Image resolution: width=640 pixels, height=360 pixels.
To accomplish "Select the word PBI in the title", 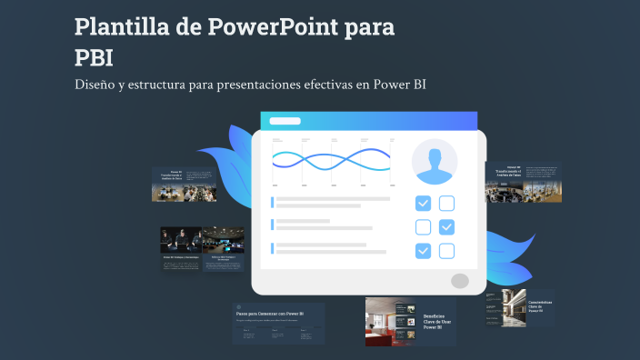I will (94, 58).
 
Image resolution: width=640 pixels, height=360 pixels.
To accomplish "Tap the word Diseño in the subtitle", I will (97, 85).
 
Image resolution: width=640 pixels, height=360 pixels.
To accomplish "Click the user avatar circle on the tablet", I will (435, 162).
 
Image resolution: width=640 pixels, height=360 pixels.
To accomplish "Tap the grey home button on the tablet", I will (460, 281).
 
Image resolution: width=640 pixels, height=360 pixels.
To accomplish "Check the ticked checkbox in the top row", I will (424, 204).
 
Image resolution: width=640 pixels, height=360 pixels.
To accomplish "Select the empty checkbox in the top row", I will (447, 204).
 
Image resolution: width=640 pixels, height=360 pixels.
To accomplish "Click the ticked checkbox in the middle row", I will (447, 227).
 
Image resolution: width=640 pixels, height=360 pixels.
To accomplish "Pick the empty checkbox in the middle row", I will (424, 227).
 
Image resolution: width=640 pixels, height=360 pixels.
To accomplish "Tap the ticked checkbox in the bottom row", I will (424, 251).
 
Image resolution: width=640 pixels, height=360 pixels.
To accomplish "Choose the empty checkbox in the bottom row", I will (447, 251).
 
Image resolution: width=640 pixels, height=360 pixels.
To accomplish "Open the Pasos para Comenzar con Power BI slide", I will (278, 323).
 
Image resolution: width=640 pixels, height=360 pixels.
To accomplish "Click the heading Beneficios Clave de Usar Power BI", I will (437, 321).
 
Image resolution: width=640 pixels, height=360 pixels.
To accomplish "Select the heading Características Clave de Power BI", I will (541, 305).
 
